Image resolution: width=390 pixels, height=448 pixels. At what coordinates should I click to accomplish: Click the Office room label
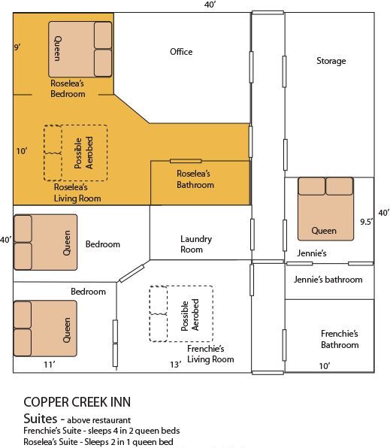click(181, 52)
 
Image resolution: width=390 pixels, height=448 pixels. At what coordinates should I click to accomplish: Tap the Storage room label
click(331, 61)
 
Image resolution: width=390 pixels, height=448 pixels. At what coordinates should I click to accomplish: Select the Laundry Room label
click(196, 244)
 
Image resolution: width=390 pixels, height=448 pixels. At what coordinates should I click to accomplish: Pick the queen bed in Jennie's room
click(325, 207)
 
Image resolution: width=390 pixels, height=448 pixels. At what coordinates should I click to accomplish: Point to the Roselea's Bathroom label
click(195, 179)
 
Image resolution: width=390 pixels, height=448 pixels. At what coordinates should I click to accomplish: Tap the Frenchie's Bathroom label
click(340, 339)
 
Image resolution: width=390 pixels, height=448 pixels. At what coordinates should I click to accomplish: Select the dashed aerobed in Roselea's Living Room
click(75, 153)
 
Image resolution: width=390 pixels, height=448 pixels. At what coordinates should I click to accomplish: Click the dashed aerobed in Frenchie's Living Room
click(181, 313)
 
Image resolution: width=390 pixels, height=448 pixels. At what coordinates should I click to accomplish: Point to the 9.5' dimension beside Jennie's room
click(367, 222)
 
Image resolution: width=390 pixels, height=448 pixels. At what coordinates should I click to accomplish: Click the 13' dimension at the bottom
click(175, 365)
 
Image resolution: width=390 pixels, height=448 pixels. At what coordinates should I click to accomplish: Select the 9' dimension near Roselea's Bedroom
click(17, 47)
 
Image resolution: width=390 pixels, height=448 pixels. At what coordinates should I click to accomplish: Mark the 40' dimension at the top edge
click(210, 5)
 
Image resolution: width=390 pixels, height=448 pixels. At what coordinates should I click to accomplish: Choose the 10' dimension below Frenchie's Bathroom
click(324, 365)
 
